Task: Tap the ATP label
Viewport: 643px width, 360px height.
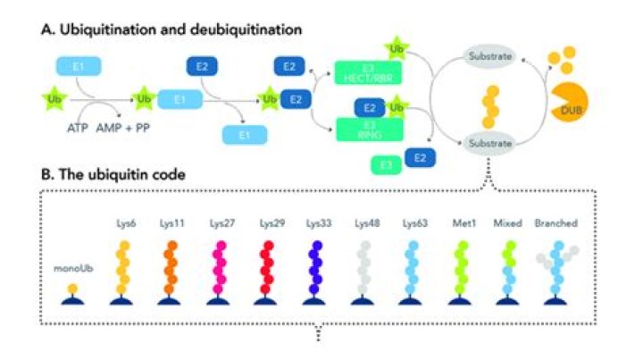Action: point(78,127)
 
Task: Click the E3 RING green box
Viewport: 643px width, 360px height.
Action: point(367,127)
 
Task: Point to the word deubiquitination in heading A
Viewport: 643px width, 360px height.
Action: point(246,29)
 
